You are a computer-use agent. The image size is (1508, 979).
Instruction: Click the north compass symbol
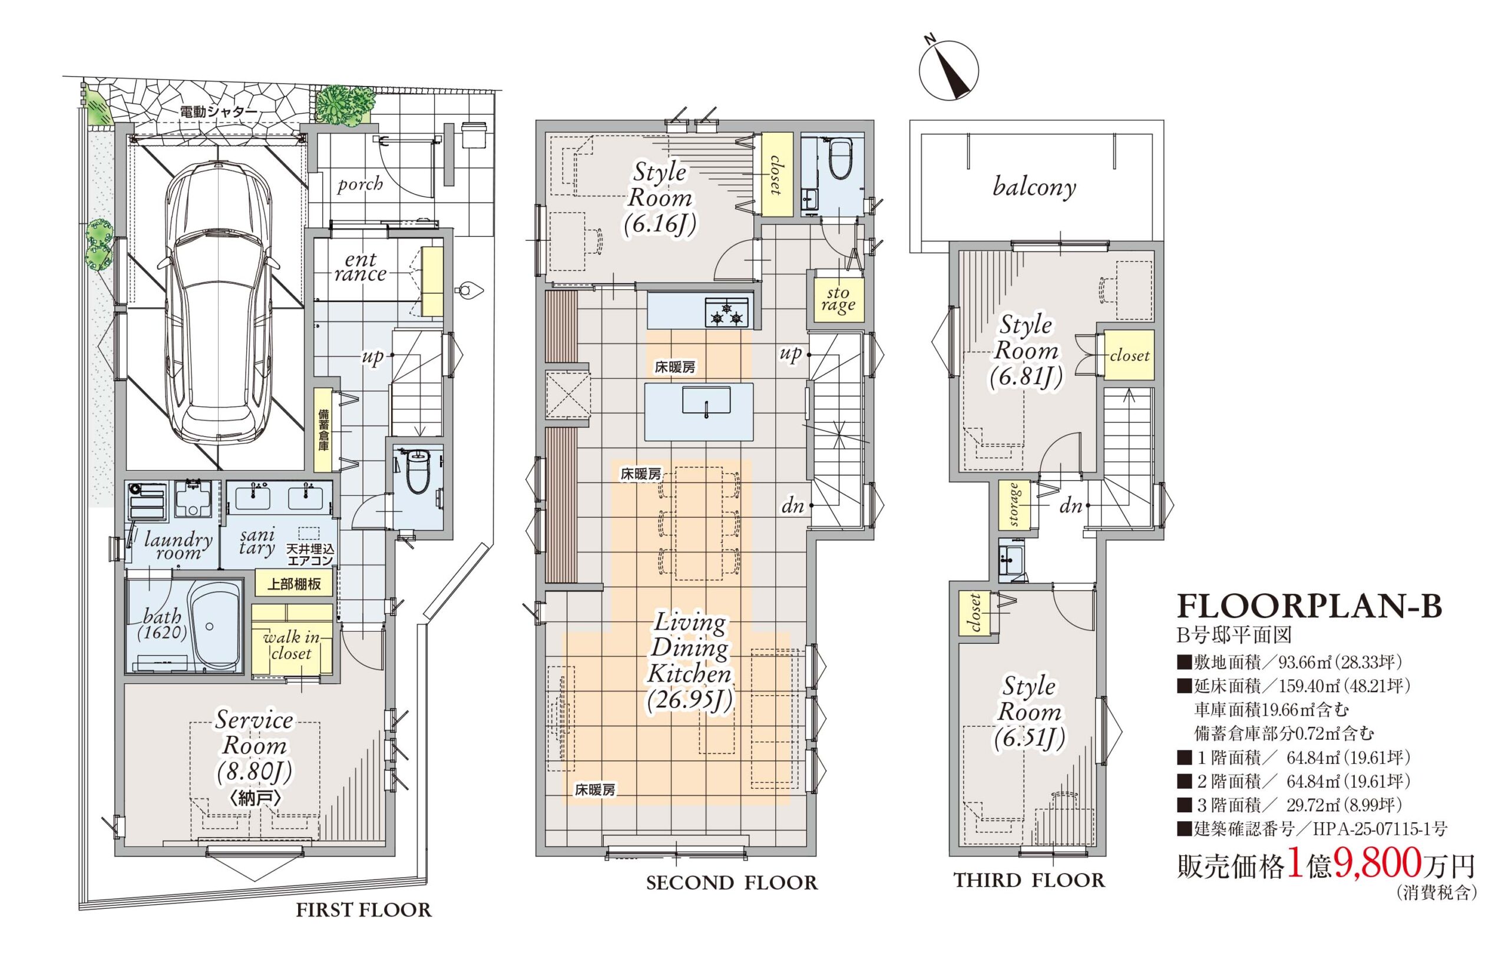click(x=948, y=71)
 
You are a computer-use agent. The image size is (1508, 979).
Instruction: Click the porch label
click(x=360, y=184)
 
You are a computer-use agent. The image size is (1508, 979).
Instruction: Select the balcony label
click(x=1034, y=187)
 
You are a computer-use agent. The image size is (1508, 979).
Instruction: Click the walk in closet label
click(x=292, y=644)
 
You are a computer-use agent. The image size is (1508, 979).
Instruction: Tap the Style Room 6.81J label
click(x=1026, y=350)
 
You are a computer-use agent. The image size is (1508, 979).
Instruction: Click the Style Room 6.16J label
click(x=660, y=199)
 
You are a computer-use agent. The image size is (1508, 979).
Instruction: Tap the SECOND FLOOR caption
click(x=732, y=882)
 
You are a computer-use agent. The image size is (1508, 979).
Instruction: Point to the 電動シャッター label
click(x=219, y=111)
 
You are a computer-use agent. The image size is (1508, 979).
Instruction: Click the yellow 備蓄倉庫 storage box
click(x=323, y=429)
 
